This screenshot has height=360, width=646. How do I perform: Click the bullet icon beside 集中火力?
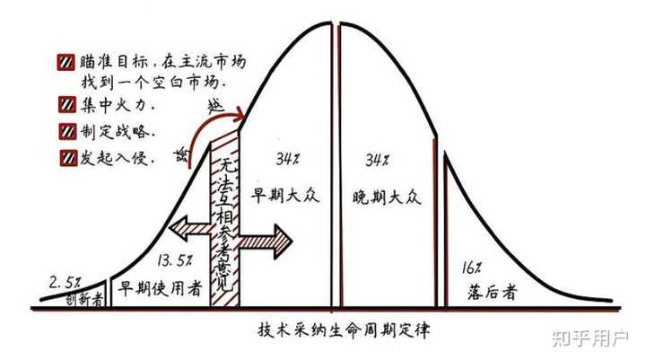point(67,105)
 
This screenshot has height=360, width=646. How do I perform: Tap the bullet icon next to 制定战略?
point(67,132)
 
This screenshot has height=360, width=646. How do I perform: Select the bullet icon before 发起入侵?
point(68,157)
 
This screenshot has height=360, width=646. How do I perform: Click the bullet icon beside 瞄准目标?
point(65,62)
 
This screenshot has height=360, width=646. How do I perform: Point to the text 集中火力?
point(118,105)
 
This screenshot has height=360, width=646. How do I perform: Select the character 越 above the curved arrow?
point(215,105)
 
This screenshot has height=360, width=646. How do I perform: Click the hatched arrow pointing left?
point(190,230)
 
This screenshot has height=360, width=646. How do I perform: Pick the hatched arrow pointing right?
point(266,241)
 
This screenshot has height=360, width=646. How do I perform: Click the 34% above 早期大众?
point(288,159)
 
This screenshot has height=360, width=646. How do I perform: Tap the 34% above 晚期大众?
point(377,159)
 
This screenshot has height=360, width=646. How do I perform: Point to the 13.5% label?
point(174,260)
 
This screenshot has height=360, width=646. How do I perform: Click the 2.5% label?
point(65,283)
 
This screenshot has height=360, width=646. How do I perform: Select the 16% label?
point(471,268)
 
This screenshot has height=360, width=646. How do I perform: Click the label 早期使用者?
point(160,289)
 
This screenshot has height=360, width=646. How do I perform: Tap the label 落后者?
point(492,293)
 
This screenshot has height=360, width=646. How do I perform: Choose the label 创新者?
point(84,300)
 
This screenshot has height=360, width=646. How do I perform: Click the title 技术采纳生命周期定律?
point(344,329)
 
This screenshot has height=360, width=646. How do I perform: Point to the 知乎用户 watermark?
point(590,338)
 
